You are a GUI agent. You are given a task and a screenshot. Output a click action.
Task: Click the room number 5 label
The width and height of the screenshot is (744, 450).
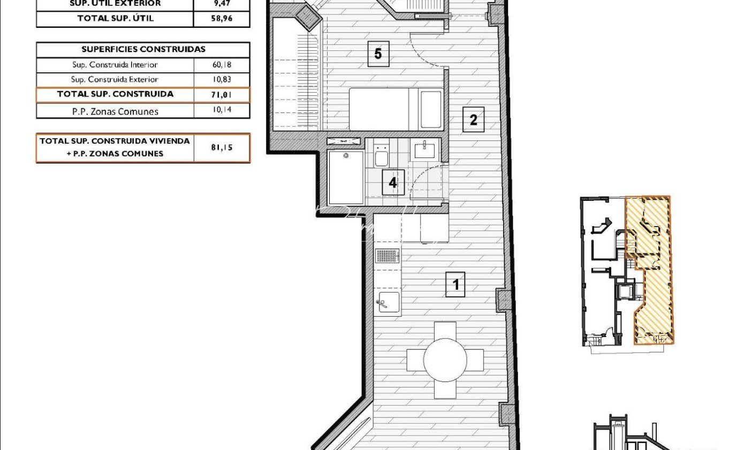click(x=378, y=54)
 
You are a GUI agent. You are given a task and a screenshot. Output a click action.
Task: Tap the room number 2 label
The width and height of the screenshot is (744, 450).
click(x=473, y=119)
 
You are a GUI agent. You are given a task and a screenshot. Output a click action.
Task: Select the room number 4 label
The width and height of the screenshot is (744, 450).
click(x=393, y=183)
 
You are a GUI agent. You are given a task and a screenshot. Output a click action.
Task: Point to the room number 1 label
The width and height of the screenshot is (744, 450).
click(x=455, y=284)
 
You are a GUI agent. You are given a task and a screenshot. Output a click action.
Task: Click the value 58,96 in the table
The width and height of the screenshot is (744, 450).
click(x=222, y=18)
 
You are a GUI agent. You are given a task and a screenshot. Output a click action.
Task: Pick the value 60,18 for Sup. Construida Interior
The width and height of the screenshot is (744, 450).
click(x=222, y=64)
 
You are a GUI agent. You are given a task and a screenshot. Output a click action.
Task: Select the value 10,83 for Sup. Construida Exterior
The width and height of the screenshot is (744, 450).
click(x=222, y=79)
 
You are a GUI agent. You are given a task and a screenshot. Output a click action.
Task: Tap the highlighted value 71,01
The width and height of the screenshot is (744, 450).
click(x=222, y=95)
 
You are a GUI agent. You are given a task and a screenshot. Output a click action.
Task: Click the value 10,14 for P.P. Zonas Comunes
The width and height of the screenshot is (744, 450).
click(x=222, y=110)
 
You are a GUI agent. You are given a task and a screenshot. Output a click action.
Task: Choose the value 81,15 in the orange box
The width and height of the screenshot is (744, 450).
click(x=222, y=147)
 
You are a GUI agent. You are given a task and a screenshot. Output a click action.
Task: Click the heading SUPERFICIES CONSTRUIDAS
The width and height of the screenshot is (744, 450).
click(x=143, y=49)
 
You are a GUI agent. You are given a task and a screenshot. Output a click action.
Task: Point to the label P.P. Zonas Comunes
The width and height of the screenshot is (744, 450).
click(x=115, y=111)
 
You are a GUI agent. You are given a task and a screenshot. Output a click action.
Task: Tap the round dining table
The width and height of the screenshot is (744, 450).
click(x=445, y=360)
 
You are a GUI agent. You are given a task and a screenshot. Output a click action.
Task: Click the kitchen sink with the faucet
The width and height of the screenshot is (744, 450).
click(x=388, y=302)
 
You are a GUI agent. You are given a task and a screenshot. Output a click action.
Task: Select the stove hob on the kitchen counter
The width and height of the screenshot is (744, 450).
click(x=387, y=256)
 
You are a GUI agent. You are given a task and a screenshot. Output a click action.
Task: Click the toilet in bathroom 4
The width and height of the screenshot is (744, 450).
click(x=381, y=155)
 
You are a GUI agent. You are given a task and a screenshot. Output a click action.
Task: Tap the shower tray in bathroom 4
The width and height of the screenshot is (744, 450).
click(x=346, y=177)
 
